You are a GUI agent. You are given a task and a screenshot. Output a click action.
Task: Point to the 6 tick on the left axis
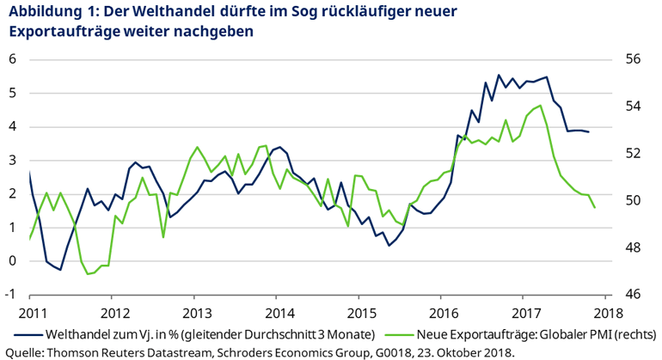pos(13,59)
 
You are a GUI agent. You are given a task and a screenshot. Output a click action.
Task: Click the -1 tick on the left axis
pos(11,295)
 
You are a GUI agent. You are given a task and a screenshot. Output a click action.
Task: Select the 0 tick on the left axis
pos(13,261)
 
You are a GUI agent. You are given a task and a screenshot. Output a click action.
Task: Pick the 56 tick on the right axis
pos(633,59)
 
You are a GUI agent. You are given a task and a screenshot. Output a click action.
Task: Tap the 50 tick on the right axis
pos(633,200)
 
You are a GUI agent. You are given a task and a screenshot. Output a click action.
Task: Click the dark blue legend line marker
pos(31,333)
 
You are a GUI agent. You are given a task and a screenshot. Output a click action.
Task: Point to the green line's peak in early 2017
pos(539,106)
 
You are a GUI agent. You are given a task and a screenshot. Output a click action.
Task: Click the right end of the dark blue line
pos(588,131)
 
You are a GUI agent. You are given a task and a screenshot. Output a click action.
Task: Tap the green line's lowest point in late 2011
pos(88,274)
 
